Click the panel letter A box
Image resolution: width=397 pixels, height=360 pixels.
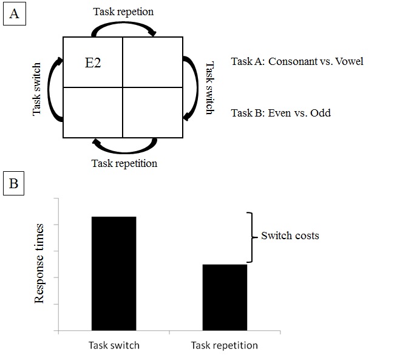(14, 14)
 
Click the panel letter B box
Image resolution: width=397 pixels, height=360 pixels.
(14, 184)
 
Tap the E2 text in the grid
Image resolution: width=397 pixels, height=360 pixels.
(93, 63)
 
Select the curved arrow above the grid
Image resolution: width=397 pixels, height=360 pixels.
(123, 26)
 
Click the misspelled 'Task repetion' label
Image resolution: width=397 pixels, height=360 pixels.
(123, 12)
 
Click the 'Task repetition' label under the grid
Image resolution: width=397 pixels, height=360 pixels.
(124, 163)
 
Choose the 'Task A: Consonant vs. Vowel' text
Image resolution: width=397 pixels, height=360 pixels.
(297, 61)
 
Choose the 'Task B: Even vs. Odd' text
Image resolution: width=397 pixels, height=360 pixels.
(281, 112)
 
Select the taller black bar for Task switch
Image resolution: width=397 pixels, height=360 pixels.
(114, 273)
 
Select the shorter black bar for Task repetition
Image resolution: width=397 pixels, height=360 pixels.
(225, 297)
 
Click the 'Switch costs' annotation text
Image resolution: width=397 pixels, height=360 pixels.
(290, 236)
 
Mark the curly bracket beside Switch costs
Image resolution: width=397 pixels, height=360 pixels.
(251, 237)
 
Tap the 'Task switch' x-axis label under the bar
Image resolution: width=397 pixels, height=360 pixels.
(114, 345)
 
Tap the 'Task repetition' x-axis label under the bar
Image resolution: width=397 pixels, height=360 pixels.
(225, 345)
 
